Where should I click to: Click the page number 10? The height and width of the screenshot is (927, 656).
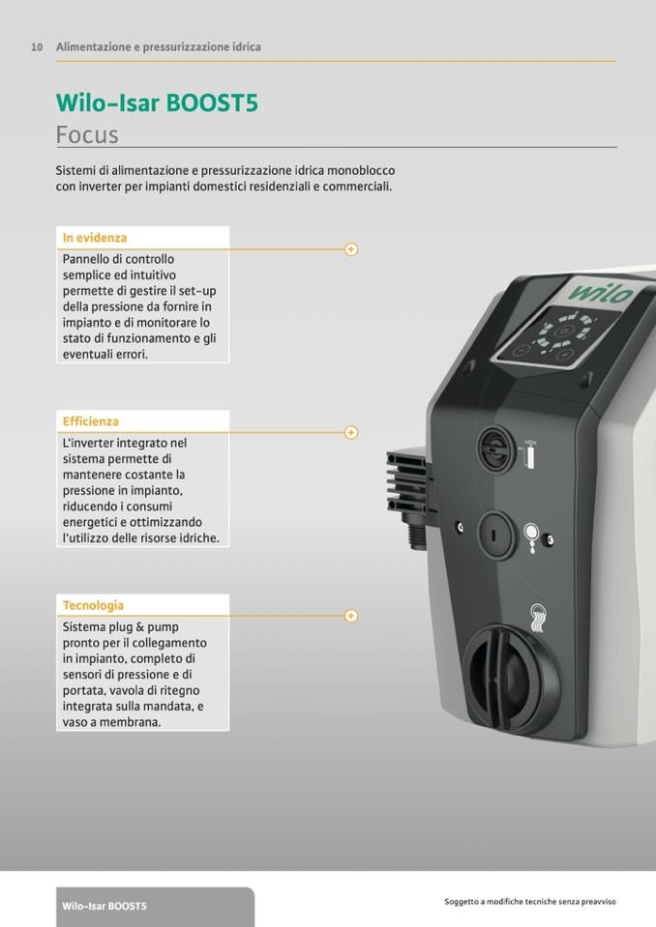(37, 47)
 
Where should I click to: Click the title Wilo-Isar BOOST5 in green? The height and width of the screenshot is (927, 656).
(157, 102)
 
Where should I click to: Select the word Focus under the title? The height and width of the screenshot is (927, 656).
(87, 134)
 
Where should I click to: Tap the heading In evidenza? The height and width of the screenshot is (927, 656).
(95, 238)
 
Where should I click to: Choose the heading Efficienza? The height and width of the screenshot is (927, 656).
(91, 421)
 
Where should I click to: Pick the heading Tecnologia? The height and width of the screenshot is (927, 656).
(93, 605)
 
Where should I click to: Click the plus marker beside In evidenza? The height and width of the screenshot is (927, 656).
(351, 249)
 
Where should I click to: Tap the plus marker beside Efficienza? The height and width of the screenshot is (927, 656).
(351, 433)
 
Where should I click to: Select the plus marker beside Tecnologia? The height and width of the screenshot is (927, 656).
(351, 616)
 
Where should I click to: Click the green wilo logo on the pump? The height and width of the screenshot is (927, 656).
(601, 292)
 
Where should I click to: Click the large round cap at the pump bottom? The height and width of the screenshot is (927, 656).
(512, 680)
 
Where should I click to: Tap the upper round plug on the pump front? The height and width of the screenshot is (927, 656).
(497, 449)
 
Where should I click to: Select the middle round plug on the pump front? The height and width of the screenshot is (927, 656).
(495, 536)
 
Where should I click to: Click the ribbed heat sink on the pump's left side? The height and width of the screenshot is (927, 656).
(407, 481)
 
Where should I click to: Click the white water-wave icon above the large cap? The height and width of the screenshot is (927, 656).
(538, 619)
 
